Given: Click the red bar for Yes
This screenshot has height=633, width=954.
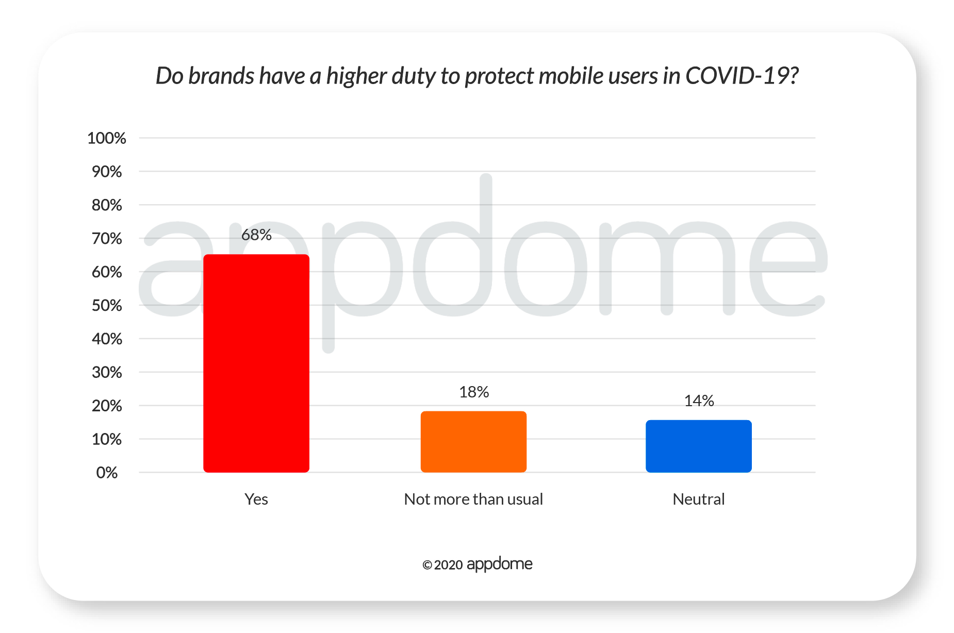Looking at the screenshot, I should (x=256, y=363).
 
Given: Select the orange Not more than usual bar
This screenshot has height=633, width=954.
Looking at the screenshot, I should (x=473, y=441).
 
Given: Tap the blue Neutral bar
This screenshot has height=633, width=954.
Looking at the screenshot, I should (x=698, y=446).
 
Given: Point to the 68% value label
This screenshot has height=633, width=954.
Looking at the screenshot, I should (x=256, y=235).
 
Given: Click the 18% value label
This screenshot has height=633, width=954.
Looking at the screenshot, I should (x=474, y=392).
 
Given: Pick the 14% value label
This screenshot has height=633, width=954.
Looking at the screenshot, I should (x=699, y=401).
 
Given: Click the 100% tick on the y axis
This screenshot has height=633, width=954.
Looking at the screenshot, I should (x=107, y=138).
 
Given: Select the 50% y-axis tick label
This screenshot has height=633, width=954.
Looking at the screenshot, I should (x=107, y=306).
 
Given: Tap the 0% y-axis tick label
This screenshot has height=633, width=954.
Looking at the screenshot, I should (x=107, y=473).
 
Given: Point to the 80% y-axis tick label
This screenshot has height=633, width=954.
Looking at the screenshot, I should (x=107, y=205).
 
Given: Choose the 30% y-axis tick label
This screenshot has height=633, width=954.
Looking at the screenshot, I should (x=107, y=372).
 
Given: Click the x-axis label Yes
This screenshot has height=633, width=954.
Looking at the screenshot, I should (x=256, y=499).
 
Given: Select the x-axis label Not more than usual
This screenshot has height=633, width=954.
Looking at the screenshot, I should (x=473, y=499).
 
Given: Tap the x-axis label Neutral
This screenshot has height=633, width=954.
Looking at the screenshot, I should (x=699, y=499).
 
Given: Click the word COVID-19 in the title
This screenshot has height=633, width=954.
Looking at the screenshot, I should (x=742, y=76).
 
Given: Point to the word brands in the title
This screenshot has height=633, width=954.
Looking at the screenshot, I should (x=221, y=76).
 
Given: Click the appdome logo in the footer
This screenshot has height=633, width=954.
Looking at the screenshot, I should (x=499, y=564).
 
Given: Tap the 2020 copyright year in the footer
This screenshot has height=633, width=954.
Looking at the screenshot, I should (x=448, y=565).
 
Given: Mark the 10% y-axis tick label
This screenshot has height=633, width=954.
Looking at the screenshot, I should (x=107, y=439).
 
